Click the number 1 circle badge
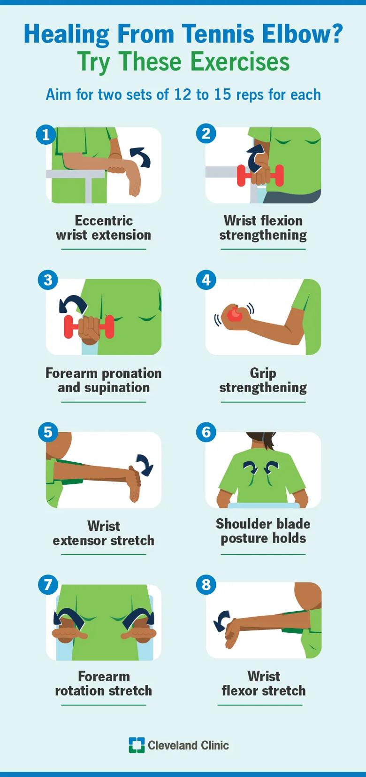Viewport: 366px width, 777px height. pos(46,135)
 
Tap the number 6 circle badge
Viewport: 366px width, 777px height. pos(206,432)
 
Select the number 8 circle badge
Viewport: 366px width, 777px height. pos(206,585)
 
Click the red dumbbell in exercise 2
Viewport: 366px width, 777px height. pos(260,176)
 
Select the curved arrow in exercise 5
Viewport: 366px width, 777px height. pos(145,465)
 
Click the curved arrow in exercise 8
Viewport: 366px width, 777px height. pos(221,621)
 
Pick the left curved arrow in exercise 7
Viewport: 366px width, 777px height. pos(69,618)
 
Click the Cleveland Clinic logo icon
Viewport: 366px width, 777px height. pos(137,745)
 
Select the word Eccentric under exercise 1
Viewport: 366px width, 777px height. pos(104,220)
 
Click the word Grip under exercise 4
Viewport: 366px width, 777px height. pos(263,373)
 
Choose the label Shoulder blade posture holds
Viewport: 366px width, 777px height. pos(263,531)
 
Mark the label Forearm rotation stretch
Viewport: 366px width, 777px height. pos(104,684)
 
